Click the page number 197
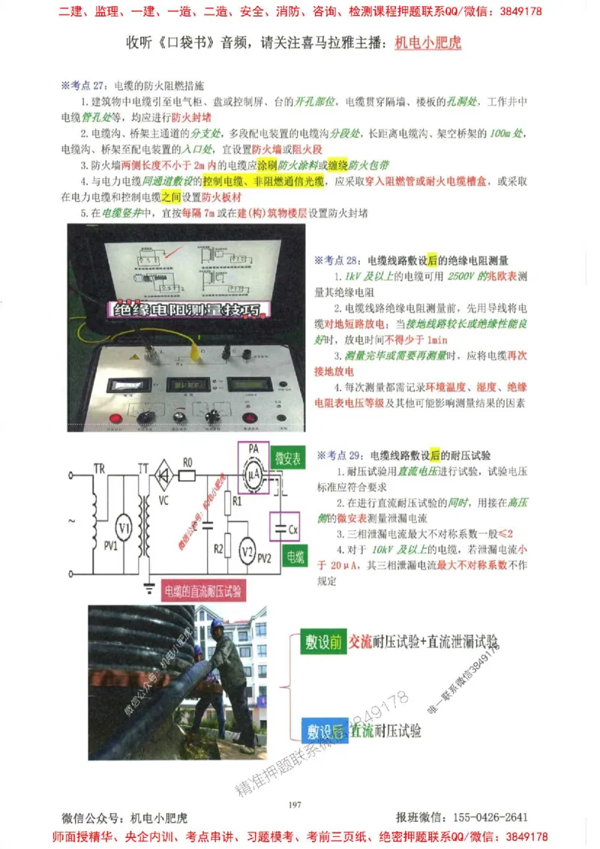point(294,804)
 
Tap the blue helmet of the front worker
point(217,624)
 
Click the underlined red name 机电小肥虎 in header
point(427,43)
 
